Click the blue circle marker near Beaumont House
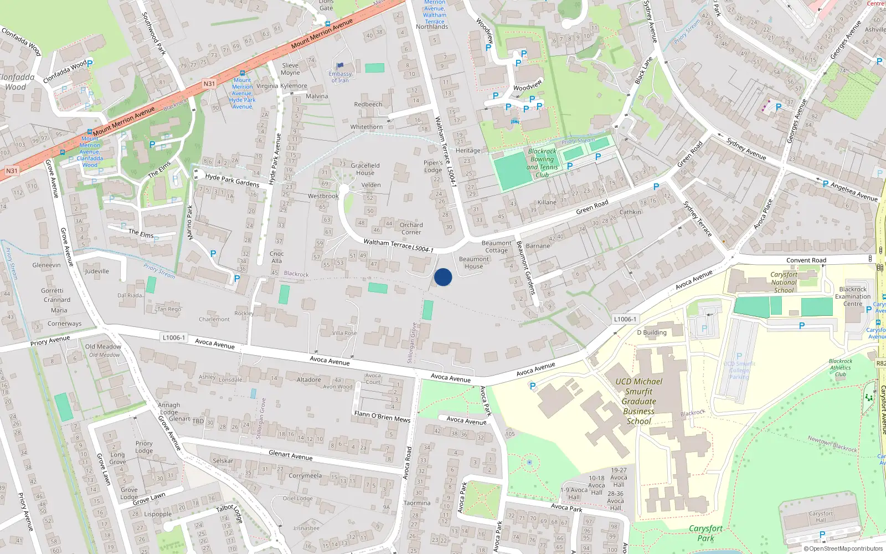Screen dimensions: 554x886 pyautogui.click(x=443, y=277)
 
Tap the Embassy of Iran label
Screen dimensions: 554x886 pyautogui.click(x=340, y=77)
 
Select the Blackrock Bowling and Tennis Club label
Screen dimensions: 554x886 pyautogui.click(x=542, y=163)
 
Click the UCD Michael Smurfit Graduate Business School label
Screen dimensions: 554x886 pyautogui.click(x=638, y=401)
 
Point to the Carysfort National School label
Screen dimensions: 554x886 pyautogui.click(x=784, y=282)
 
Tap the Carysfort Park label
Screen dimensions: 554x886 pyautogui.click(x=705, y=533)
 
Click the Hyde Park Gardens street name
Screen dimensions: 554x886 pyautogui.click(x=232, y=180)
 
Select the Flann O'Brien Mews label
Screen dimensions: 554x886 pyautogui.click(x=382, y=416)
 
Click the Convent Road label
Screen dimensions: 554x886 pyautogui.click(x=806, y=260)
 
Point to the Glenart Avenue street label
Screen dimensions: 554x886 pyautogui.click(x=290, y=455)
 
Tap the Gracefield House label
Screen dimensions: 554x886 pyautogui.click(x=365, y=169)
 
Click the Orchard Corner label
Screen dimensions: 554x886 pyautogui.click(x=411, y=228)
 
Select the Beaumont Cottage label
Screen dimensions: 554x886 pyautogui.click(x=496, y=247)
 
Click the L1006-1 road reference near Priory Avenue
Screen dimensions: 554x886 pyautogui.click(x=174, y=337)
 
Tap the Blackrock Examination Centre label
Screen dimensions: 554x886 pyautogui.click(x=853, y=296)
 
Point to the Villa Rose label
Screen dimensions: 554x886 pyautogui.click(x=344, y=333)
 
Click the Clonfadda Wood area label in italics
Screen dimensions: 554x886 pyautogui.click(x=17, y=82)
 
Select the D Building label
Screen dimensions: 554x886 pyautogui.click(x=652, y=332)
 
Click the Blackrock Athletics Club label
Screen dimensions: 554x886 pyautogui.click(x=840, y=367)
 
